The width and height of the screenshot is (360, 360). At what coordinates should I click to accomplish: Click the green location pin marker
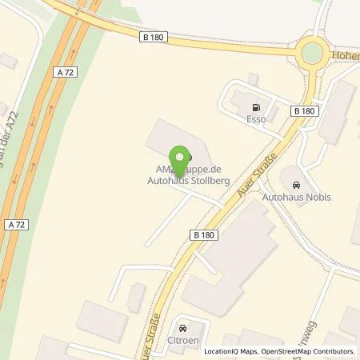181,160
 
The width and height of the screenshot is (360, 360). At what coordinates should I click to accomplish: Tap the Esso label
256,121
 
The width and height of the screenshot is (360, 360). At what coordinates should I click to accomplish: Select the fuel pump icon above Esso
256,108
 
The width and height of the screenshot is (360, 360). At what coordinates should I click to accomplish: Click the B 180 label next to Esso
305,110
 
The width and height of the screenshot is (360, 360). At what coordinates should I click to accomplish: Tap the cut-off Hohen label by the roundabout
346,54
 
